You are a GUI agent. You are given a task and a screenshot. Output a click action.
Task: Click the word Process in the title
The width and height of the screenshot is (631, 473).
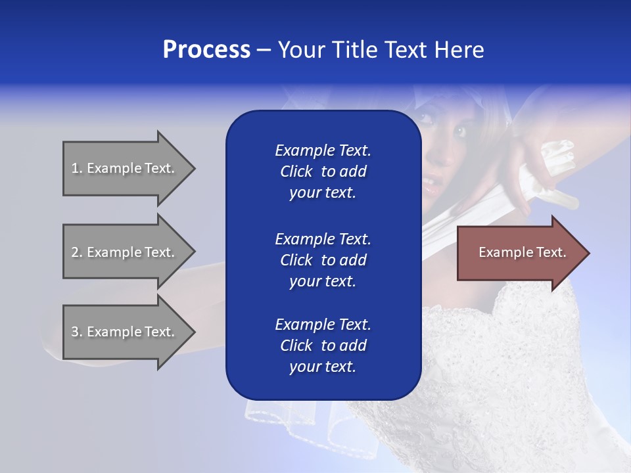click(x=206, y=50)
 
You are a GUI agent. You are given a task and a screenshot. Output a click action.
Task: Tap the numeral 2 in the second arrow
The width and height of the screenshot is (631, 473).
click(x=75, y=252)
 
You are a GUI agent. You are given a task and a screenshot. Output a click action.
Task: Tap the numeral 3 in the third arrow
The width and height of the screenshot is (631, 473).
click(x=75, y=332)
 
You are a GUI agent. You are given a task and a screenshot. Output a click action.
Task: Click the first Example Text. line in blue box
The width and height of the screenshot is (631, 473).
click(x=323, y=150)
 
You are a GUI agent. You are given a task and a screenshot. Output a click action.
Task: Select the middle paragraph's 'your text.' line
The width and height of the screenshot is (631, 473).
click(x=323, y=281)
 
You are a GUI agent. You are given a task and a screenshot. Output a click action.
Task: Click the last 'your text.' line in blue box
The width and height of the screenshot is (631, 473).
click(x=323, y=367)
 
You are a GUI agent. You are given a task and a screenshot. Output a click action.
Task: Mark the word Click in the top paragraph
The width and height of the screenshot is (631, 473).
click(x=296, y=171)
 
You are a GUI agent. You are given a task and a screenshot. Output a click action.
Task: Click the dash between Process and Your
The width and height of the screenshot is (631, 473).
click(x=264, y=50)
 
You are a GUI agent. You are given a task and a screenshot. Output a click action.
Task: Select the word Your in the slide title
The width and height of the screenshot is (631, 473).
click(x=302, y=50)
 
